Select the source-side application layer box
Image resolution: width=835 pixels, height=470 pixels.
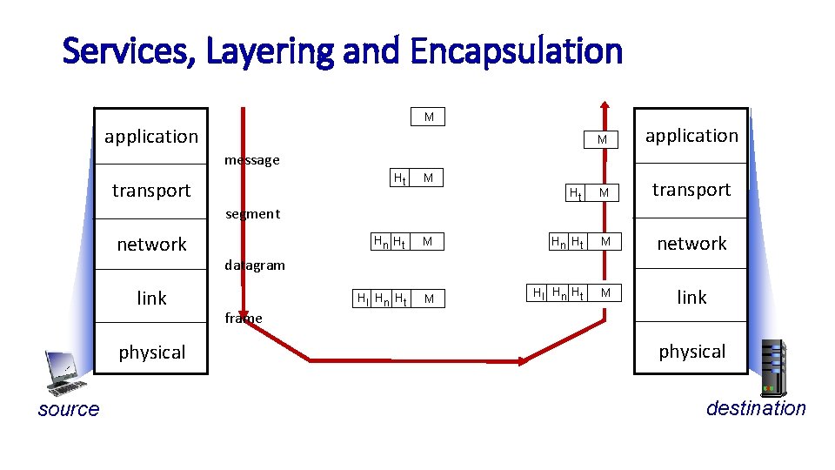(x=151, y=136)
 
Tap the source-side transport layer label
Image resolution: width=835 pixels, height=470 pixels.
(x=151, y=191)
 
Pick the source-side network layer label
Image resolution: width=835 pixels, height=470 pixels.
(x=151, y=245)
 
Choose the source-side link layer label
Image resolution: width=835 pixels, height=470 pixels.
(x=151, y=299)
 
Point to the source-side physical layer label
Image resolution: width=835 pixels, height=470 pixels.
(x=151, y=352)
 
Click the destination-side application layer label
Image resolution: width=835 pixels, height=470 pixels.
(x=691, y=136)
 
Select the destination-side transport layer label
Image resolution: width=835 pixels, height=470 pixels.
(x=691, y=190)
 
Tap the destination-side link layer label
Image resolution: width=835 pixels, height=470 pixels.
(x=691, y=298)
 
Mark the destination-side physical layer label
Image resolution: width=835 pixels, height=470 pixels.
(x=691, y=352)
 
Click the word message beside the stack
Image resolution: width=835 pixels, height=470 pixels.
(x=251, y=160)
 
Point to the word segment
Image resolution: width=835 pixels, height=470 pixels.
(x=252, y=214)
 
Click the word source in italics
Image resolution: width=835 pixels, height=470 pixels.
(x=69, y=409)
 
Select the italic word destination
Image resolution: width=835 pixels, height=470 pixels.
(x=755, y=408)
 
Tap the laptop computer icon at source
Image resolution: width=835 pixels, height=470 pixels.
(x=64, y=373)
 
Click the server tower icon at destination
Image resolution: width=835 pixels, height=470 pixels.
(x=772, y=366)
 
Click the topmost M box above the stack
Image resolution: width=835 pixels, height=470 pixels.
(x=428, y=117)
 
